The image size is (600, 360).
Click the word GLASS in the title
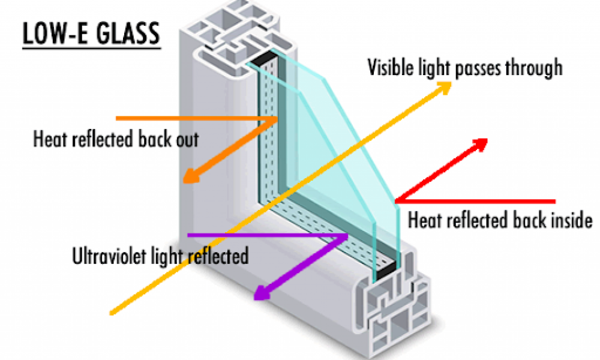click(x=128, y=33)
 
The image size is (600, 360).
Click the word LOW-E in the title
click(x=57, y=33)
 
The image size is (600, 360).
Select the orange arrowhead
click(x=192, y=176)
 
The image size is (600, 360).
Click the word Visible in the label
click(x=391, y=67)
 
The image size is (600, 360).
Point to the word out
click(x=187, y=139)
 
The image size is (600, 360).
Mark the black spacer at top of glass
click(x=264, y=58)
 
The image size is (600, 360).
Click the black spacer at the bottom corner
click(x=385, y=271)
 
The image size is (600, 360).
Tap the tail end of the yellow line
click(x=112, y=313)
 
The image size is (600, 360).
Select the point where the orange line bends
click(x=276, y=119)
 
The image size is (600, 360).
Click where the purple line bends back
click(x=346, y=236)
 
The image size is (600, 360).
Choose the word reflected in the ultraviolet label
click(x=219, y=256)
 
